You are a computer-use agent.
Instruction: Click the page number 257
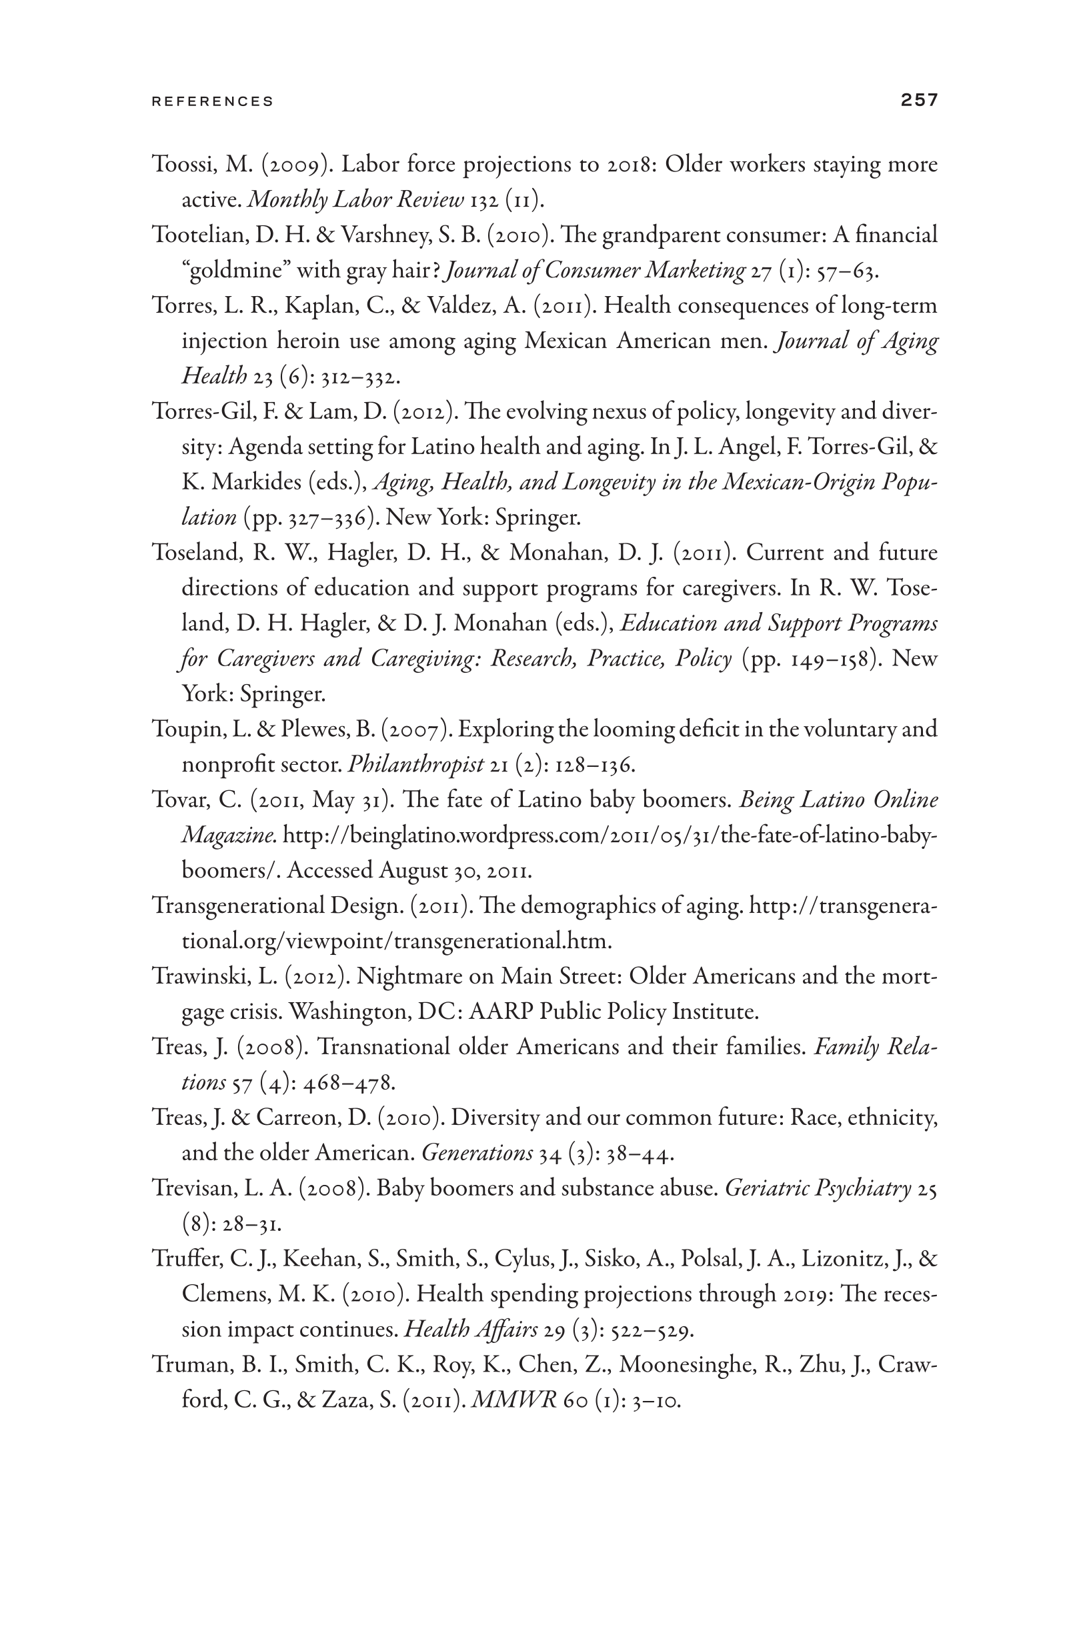point(919,100)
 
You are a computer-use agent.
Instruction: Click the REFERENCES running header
point(213,101)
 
